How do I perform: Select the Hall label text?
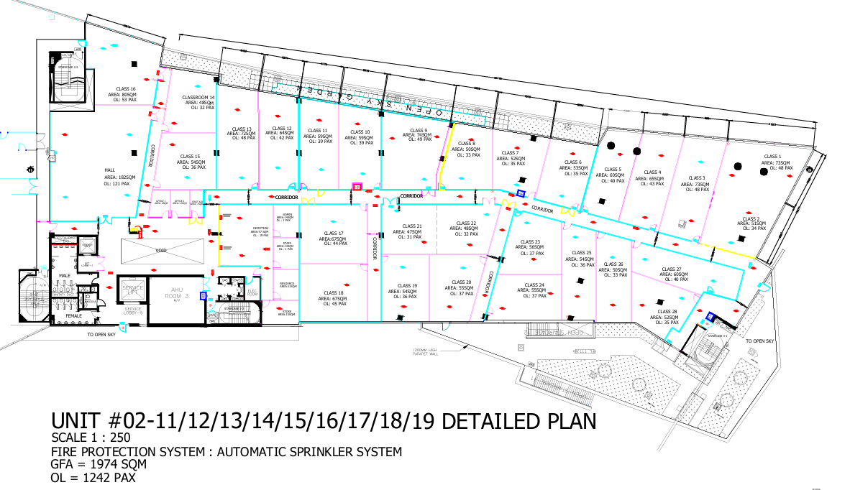(x=111, y=170)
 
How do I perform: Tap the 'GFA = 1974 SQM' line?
(x=100, y=465)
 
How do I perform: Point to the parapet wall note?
(x=419, y=353)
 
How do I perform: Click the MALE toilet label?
(x=64, y=275)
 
